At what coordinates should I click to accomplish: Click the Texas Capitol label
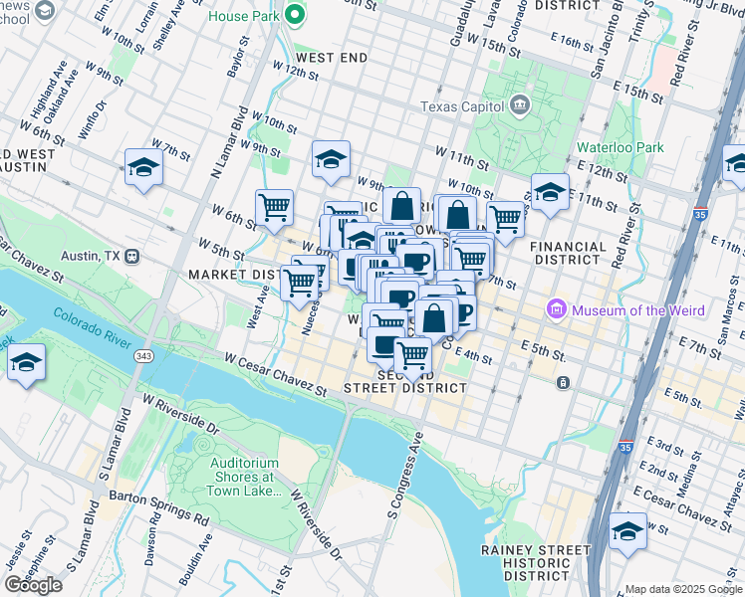click(x=464, y=106)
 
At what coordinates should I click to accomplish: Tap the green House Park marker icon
click(x=294, y=15)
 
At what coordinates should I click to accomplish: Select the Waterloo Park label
click(x=620, y=147)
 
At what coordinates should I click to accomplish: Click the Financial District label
click(x=569, y=254)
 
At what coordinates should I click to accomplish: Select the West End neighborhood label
click(x=329, y=58)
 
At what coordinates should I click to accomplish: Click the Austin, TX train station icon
click(x=130, y=256)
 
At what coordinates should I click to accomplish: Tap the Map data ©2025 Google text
click(x=682, y=589)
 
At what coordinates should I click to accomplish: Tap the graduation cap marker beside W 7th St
click(x=143, y=167)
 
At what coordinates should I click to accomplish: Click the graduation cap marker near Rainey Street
click(x=628, y=530)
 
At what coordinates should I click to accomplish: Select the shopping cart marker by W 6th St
click(x=274, y=207)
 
